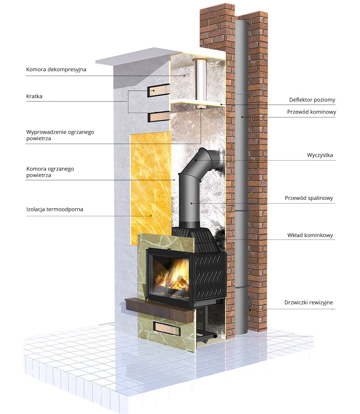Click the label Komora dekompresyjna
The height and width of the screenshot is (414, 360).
[56, 70]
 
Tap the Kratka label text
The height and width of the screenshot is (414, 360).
[34, 96]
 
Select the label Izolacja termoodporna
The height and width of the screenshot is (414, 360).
[55, 210]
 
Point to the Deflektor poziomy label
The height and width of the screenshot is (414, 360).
[312, 100]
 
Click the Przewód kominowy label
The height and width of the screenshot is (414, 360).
[311, 112]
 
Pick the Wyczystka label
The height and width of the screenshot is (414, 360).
[320, 155]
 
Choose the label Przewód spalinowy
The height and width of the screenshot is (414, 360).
[309, 198]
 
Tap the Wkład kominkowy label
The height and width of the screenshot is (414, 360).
[310, 235]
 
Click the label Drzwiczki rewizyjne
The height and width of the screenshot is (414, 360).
[309, 303]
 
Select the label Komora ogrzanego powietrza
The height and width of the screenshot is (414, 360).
[50, 172]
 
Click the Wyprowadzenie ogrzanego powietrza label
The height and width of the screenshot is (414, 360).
[60, 135]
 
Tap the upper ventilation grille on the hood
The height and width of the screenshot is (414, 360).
[159, 91]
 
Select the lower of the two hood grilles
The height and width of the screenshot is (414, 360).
[159, 116]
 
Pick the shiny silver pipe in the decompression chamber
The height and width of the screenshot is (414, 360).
[200, 79]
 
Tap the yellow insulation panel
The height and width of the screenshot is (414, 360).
[151, 188]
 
